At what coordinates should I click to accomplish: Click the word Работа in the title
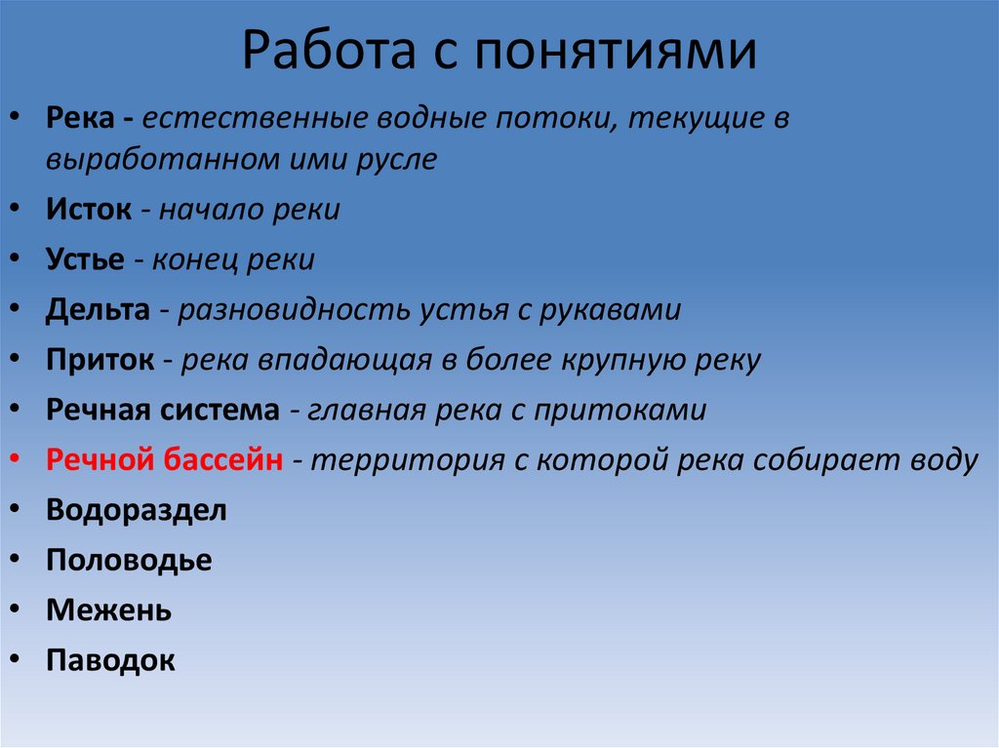(321, 53)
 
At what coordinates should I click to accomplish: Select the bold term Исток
(89, 210)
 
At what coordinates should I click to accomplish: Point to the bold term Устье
(86, 260)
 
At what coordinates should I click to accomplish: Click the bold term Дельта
(98, 310)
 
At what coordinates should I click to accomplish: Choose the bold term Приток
(100, 360)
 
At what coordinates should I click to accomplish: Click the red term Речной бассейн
(165, 459)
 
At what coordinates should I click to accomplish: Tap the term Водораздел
(137, 510)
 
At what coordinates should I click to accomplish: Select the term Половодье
(129, 560)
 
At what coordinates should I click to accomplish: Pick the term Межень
(108, 610)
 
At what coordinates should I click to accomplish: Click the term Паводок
(110, 660)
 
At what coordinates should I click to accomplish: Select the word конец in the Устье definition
(193, 260)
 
